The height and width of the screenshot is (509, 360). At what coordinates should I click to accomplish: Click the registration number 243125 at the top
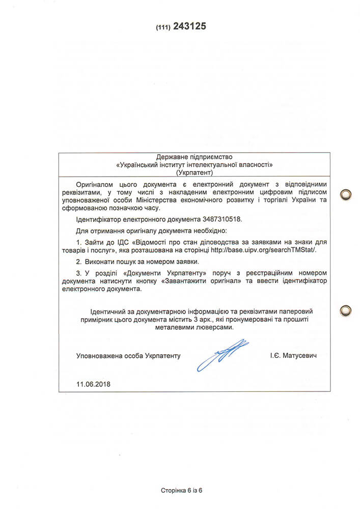(189, 26)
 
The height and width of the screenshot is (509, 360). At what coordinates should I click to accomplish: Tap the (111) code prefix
(163, 27)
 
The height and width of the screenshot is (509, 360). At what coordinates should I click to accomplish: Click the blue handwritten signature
(223, 354)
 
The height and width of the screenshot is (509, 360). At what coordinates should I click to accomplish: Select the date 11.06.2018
(93, 384)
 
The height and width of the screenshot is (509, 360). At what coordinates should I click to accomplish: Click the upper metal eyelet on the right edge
(346, 194)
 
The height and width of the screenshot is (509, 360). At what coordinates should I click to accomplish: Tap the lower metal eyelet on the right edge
(346, 310)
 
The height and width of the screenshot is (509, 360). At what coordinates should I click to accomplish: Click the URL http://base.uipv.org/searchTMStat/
(272, 250)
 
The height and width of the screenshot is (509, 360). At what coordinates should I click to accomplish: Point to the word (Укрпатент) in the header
(195, 173)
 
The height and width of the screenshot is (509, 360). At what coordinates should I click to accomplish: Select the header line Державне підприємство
(195, 157)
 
